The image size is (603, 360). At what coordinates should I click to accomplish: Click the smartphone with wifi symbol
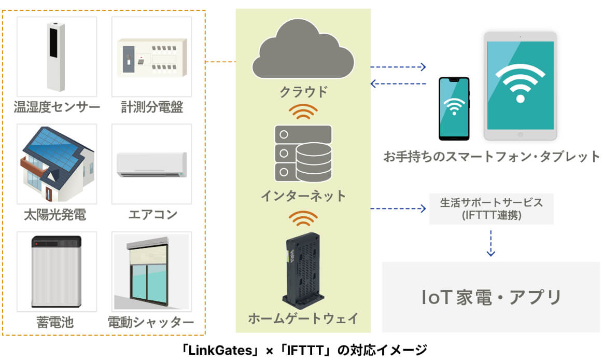pyautogui.click(x=454, y=108)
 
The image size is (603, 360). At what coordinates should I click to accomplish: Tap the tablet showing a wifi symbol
pyautogui.click(x=520, y=86)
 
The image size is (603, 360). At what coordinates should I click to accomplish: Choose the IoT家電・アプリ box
pyautogui.click(x=491, y=297)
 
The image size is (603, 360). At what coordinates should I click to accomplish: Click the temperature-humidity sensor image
pyautogui.click(x=57, y=57)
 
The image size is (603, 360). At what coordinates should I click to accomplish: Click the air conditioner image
pyautogui.click(x=151, y=164)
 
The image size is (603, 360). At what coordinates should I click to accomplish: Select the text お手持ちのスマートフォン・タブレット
pyautogui.click(x=492, y=156)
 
